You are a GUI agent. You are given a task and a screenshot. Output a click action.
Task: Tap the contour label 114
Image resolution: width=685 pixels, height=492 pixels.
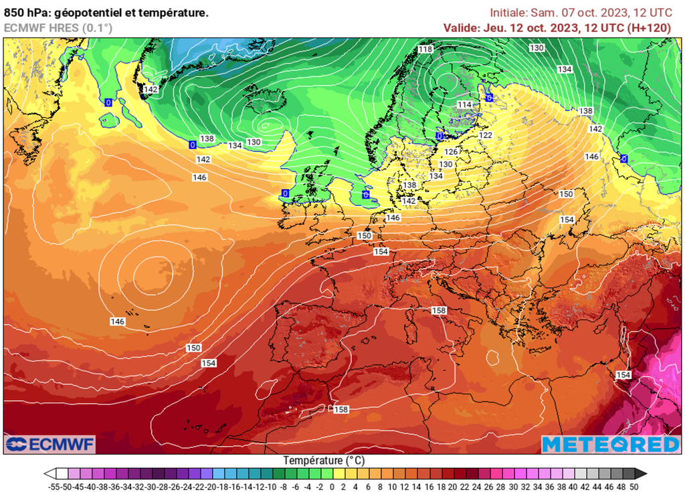click(x=464, y=105)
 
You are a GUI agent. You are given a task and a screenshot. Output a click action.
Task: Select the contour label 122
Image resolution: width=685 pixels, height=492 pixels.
click(x=486, y=135)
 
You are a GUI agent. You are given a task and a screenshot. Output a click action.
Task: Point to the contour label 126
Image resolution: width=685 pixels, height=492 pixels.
click(x=451, y=152)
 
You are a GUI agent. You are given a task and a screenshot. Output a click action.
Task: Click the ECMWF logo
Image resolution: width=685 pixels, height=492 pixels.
click(x=50, y=444)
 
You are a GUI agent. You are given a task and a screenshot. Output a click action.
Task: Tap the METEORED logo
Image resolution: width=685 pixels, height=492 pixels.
click(x=610, y=444)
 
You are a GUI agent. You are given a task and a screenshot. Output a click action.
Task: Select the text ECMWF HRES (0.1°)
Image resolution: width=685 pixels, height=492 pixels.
click(x=58, y=27)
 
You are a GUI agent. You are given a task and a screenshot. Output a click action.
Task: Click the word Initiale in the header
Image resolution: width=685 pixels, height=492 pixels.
click(x=508, y=13)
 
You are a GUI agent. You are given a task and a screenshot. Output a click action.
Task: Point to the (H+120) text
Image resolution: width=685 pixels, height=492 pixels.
click(x=652, y=27)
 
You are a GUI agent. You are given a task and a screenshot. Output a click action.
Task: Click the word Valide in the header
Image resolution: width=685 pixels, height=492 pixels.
click(x=461, y=27)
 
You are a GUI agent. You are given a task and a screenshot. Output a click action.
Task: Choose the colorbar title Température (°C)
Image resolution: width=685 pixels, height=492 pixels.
click(x=324, y=461)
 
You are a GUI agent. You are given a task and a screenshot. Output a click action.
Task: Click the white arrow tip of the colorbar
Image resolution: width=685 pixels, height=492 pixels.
click(x=49, y=474)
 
